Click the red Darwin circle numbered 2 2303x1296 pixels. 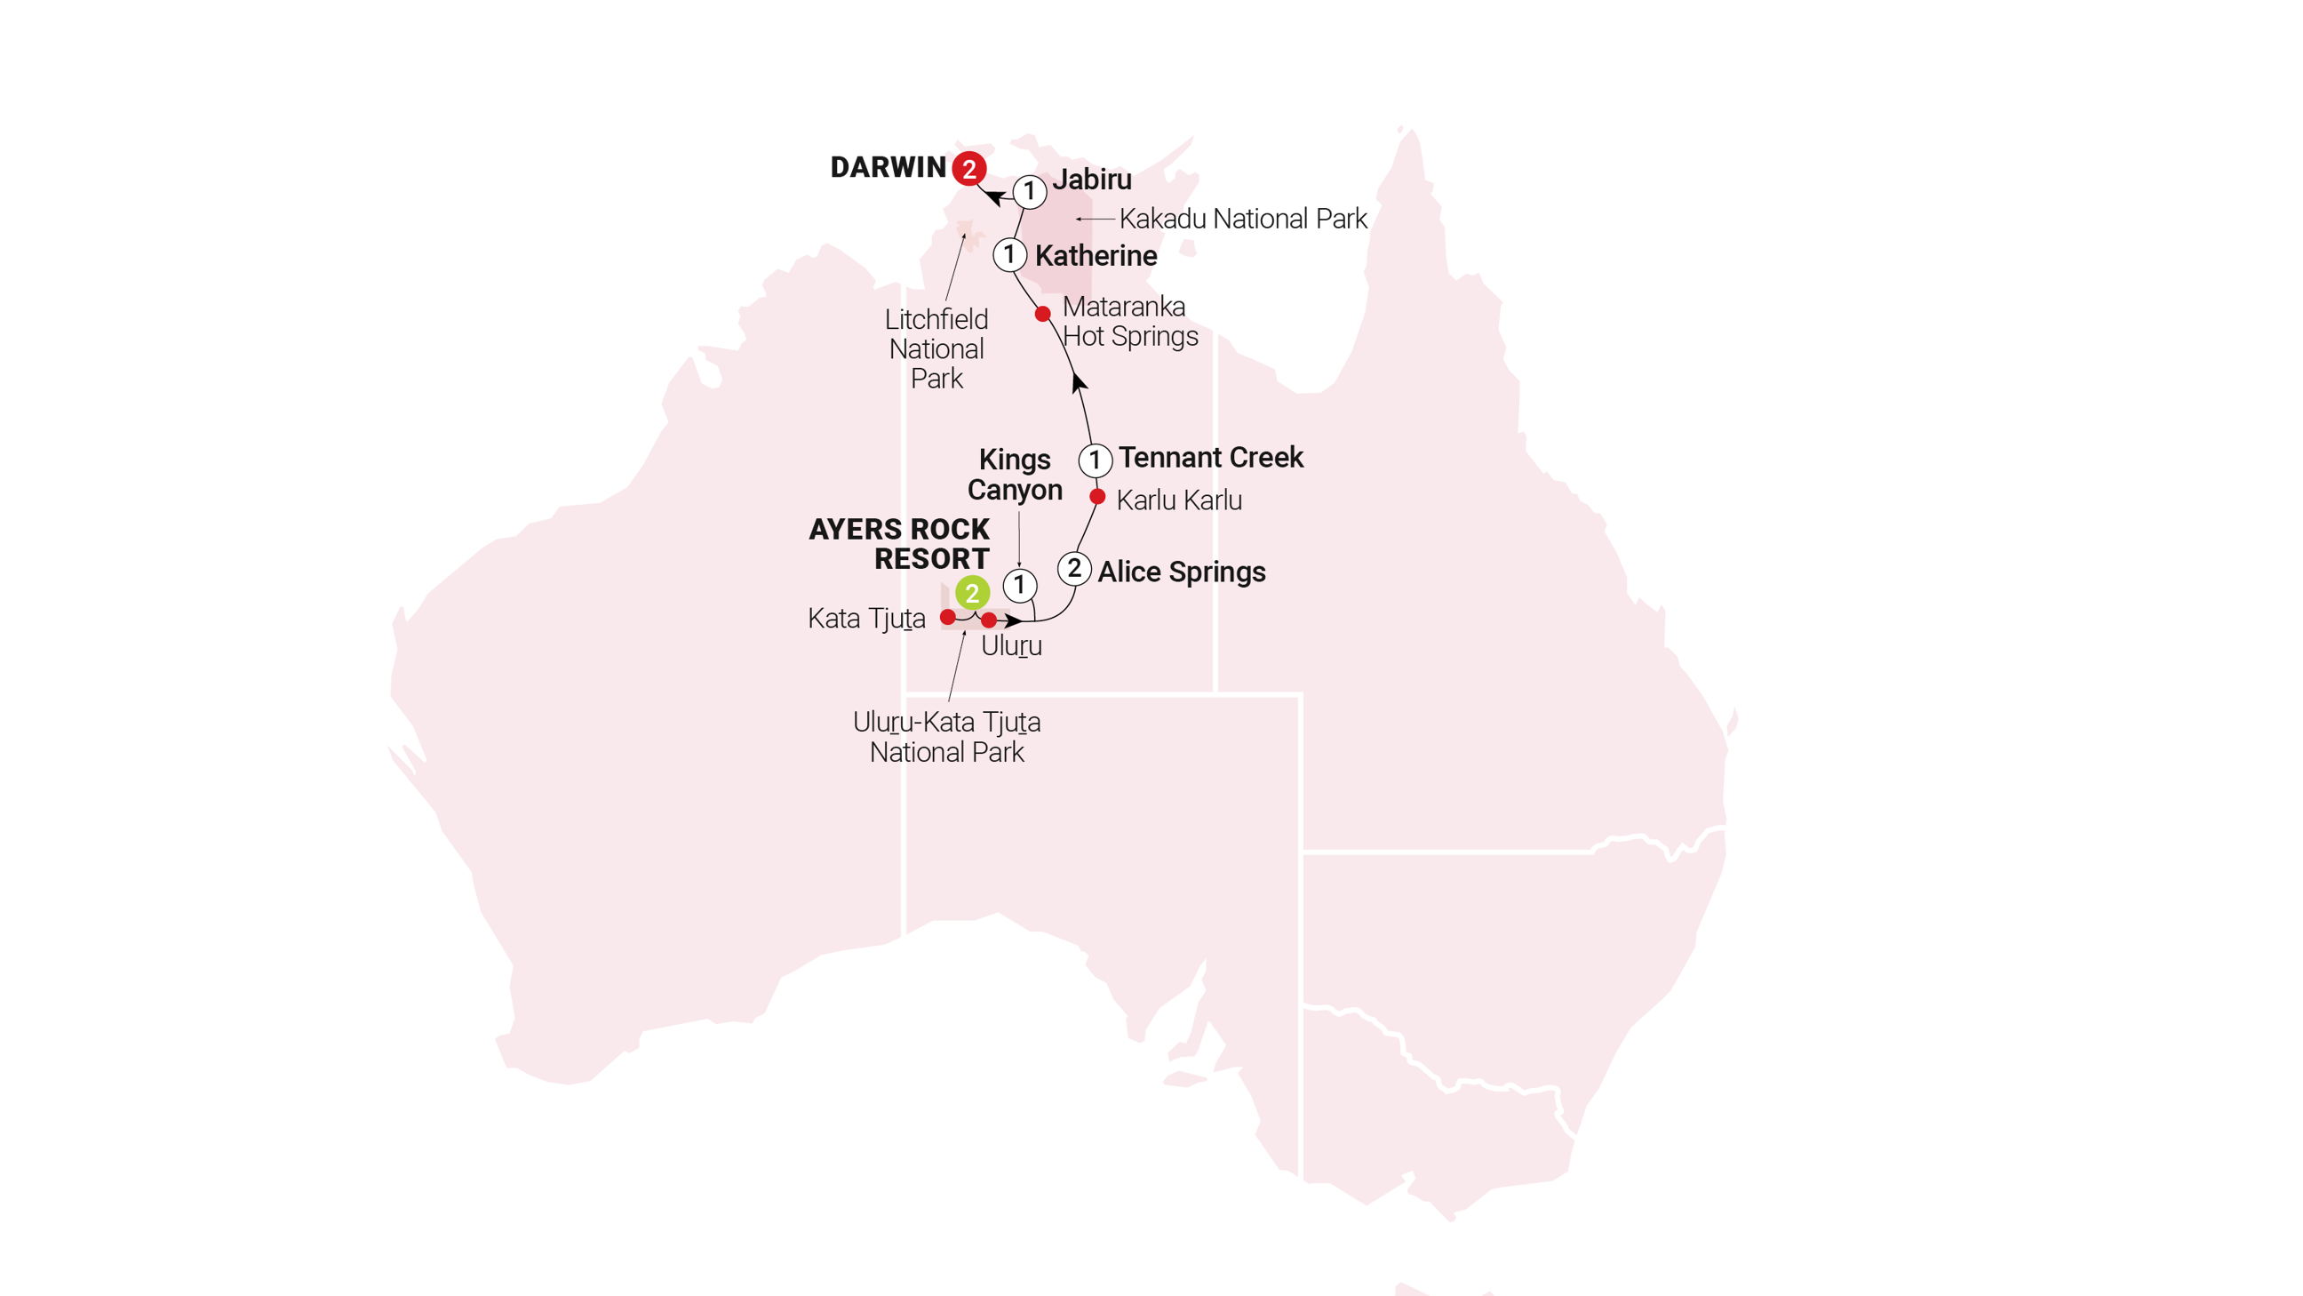pyautogui.click(x=968, y=168)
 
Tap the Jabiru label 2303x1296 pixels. pyautogui.click(x=1092, y=179)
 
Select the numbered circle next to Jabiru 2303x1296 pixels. pyautogui.click(x=1030, y=190)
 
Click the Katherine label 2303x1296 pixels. pyautogui.click(x=1096, y=256)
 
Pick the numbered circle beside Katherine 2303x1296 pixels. pyautogui.click(x=1009, y=255)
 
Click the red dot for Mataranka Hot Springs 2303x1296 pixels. pyautogui.click(x=1042, y=314)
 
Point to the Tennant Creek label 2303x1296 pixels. pyautogui.click(x=1210, y=457)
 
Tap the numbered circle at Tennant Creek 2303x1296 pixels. pyautogui.click(x=1096, y=460)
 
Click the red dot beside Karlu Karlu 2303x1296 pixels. pyautogui.click(x=1098, y=496)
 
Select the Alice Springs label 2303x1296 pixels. pyautogui.click(x=1181, y=572)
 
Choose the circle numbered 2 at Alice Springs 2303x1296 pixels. pyautogui.click(x=1073, y=569)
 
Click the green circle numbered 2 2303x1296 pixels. pyautogui.click(x=972, y=593)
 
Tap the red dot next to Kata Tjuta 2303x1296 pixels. pyautogui.click(x=948, y=617)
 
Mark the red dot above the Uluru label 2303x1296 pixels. pyautogui.click(x=989, y=620)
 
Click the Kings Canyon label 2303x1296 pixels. pyautogui.click(x=1015, y=474)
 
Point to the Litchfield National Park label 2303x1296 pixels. pyautogui.click(x=936, y=348)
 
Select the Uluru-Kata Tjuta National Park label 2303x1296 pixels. pyautogui.click(x=947, y=736)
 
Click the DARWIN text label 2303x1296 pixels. pyautogui.click(x=887, y=167)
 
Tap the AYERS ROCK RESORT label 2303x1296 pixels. pyautogui.click(x=899, y=544)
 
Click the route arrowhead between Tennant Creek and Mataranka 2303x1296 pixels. pyautogui.click(x=1079, y=382)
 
